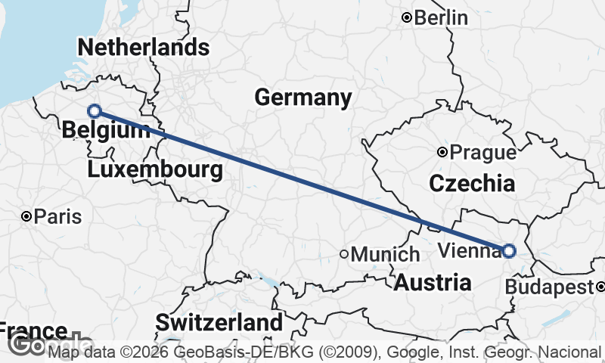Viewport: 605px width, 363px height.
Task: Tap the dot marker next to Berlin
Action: (407, 17)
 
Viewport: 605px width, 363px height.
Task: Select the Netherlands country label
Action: (143, 48)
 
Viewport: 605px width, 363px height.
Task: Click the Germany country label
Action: (302, 98)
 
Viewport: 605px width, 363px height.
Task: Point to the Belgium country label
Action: (106, 130)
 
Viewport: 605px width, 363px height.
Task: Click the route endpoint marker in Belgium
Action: (95, 111)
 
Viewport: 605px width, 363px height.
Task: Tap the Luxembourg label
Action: (155, 169)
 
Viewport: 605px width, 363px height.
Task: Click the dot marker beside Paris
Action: (26, 217)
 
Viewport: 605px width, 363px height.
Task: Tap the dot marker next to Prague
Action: (442, 152)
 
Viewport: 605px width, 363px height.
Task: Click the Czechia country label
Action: (472, 183)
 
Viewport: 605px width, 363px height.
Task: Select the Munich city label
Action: (385, 254)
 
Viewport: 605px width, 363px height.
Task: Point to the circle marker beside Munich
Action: (343, 254)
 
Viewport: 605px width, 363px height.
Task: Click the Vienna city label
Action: (469, 251)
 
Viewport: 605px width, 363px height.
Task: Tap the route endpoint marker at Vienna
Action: (509, 251)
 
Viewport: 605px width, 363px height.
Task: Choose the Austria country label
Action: (433, 284)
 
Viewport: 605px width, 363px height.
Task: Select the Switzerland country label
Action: (219, 322)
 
